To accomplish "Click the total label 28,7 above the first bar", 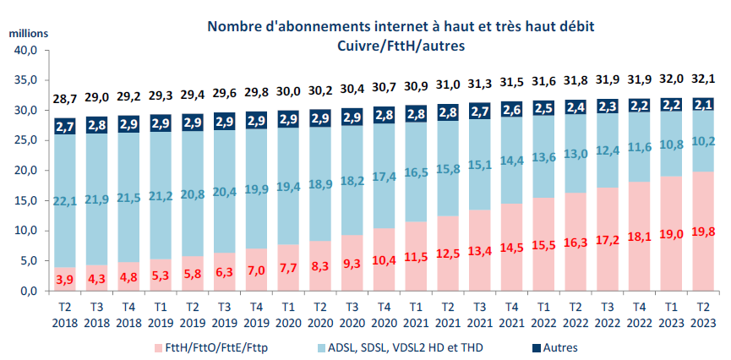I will pyautogui.click(x=66, y=99).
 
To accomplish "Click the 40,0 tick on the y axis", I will pyautogui.click(x=27, y=51).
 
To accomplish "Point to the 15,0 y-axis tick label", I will pyautogui.click(x=27, y=201).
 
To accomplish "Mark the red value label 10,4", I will pyautogui.click(x=384, y=259).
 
